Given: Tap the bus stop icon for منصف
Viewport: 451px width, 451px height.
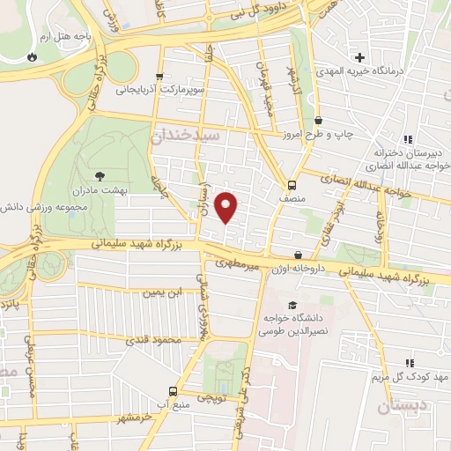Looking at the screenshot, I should (x=291, y=185).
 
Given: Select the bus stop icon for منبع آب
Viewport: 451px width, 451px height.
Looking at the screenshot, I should (x=173, y=390).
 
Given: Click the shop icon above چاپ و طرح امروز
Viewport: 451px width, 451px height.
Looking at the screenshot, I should (x=318, y=121).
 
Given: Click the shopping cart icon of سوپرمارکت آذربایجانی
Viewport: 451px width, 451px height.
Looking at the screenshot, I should (x=159, y=77).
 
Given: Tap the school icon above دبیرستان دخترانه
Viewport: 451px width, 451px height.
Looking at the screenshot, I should (x=407, y=139).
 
